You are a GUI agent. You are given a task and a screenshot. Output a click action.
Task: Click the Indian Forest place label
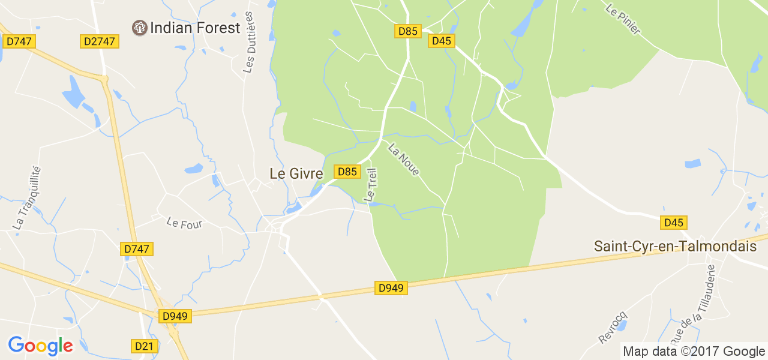tap(195, 28)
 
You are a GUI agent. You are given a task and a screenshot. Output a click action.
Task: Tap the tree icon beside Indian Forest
tap(139, 28)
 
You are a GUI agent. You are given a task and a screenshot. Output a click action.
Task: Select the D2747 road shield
tap(100, 41)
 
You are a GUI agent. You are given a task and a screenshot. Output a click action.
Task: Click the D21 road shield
tap(144, 346)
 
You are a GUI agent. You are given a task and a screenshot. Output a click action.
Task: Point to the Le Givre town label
tap(296, 173)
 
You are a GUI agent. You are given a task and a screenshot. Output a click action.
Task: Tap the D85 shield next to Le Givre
tap(347, 172)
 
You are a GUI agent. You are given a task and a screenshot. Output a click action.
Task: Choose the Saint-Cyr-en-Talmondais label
tap(675, 246)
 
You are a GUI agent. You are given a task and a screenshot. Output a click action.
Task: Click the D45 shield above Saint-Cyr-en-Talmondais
tap(674, 223)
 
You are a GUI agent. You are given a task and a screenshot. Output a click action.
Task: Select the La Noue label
tap(404, 160)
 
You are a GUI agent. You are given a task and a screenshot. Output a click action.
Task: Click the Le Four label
tap(184, 223)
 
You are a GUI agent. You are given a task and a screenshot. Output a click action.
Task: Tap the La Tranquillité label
tap(26, 197)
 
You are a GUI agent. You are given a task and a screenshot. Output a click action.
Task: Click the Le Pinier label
tap(623, 20)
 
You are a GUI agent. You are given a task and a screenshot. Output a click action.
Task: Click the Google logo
tap(40, 346)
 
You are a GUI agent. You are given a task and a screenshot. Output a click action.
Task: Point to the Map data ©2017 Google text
tap(693, 352)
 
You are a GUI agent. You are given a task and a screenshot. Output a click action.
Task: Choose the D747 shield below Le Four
tap(137, 248)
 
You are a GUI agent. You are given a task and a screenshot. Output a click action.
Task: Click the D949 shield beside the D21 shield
tap(175, 316)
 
